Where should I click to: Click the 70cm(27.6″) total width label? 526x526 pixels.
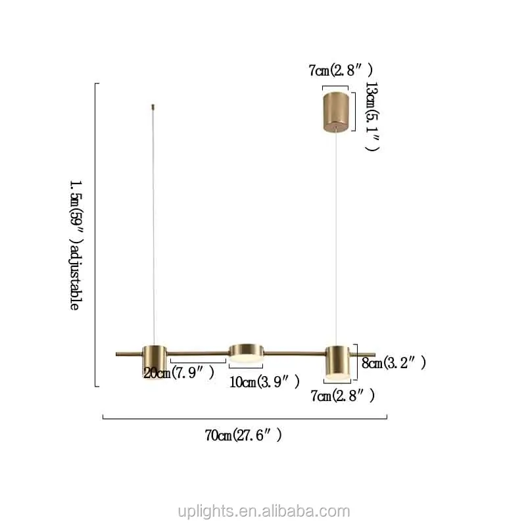pos(243,435)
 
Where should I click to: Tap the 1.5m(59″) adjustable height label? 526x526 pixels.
pos(76,245)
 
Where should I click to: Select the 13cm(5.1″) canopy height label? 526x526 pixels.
pos(372,116)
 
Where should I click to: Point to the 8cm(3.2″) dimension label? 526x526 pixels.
pos(394,363)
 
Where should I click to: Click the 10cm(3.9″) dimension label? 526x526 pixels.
pos(264,382)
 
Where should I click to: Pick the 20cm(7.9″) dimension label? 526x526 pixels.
pos(179,372)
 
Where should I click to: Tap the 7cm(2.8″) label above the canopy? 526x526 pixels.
pos(341,70)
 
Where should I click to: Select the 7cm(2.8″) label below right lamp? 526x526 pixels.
pos(343,396)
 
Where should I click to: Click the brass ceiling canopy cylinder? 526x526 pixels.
pos(336,112)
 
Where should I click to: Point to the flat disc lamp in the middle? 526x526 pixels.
pos(246,353)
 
